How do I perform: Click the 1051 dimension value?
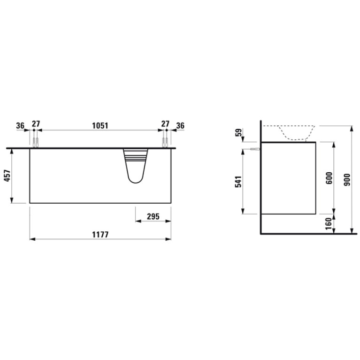100,126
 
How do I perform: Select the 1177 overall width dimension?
100,235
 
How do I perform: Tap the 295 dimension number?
153,216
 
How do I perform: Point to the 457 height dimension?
8,176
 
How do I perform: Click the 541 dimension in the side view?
238,182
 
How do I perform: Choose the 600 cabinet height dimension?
329,178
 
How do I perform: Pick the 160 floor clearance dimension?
329,223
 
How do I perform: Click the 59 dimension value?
239,132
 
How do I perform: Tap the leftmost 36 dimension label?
20,126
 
